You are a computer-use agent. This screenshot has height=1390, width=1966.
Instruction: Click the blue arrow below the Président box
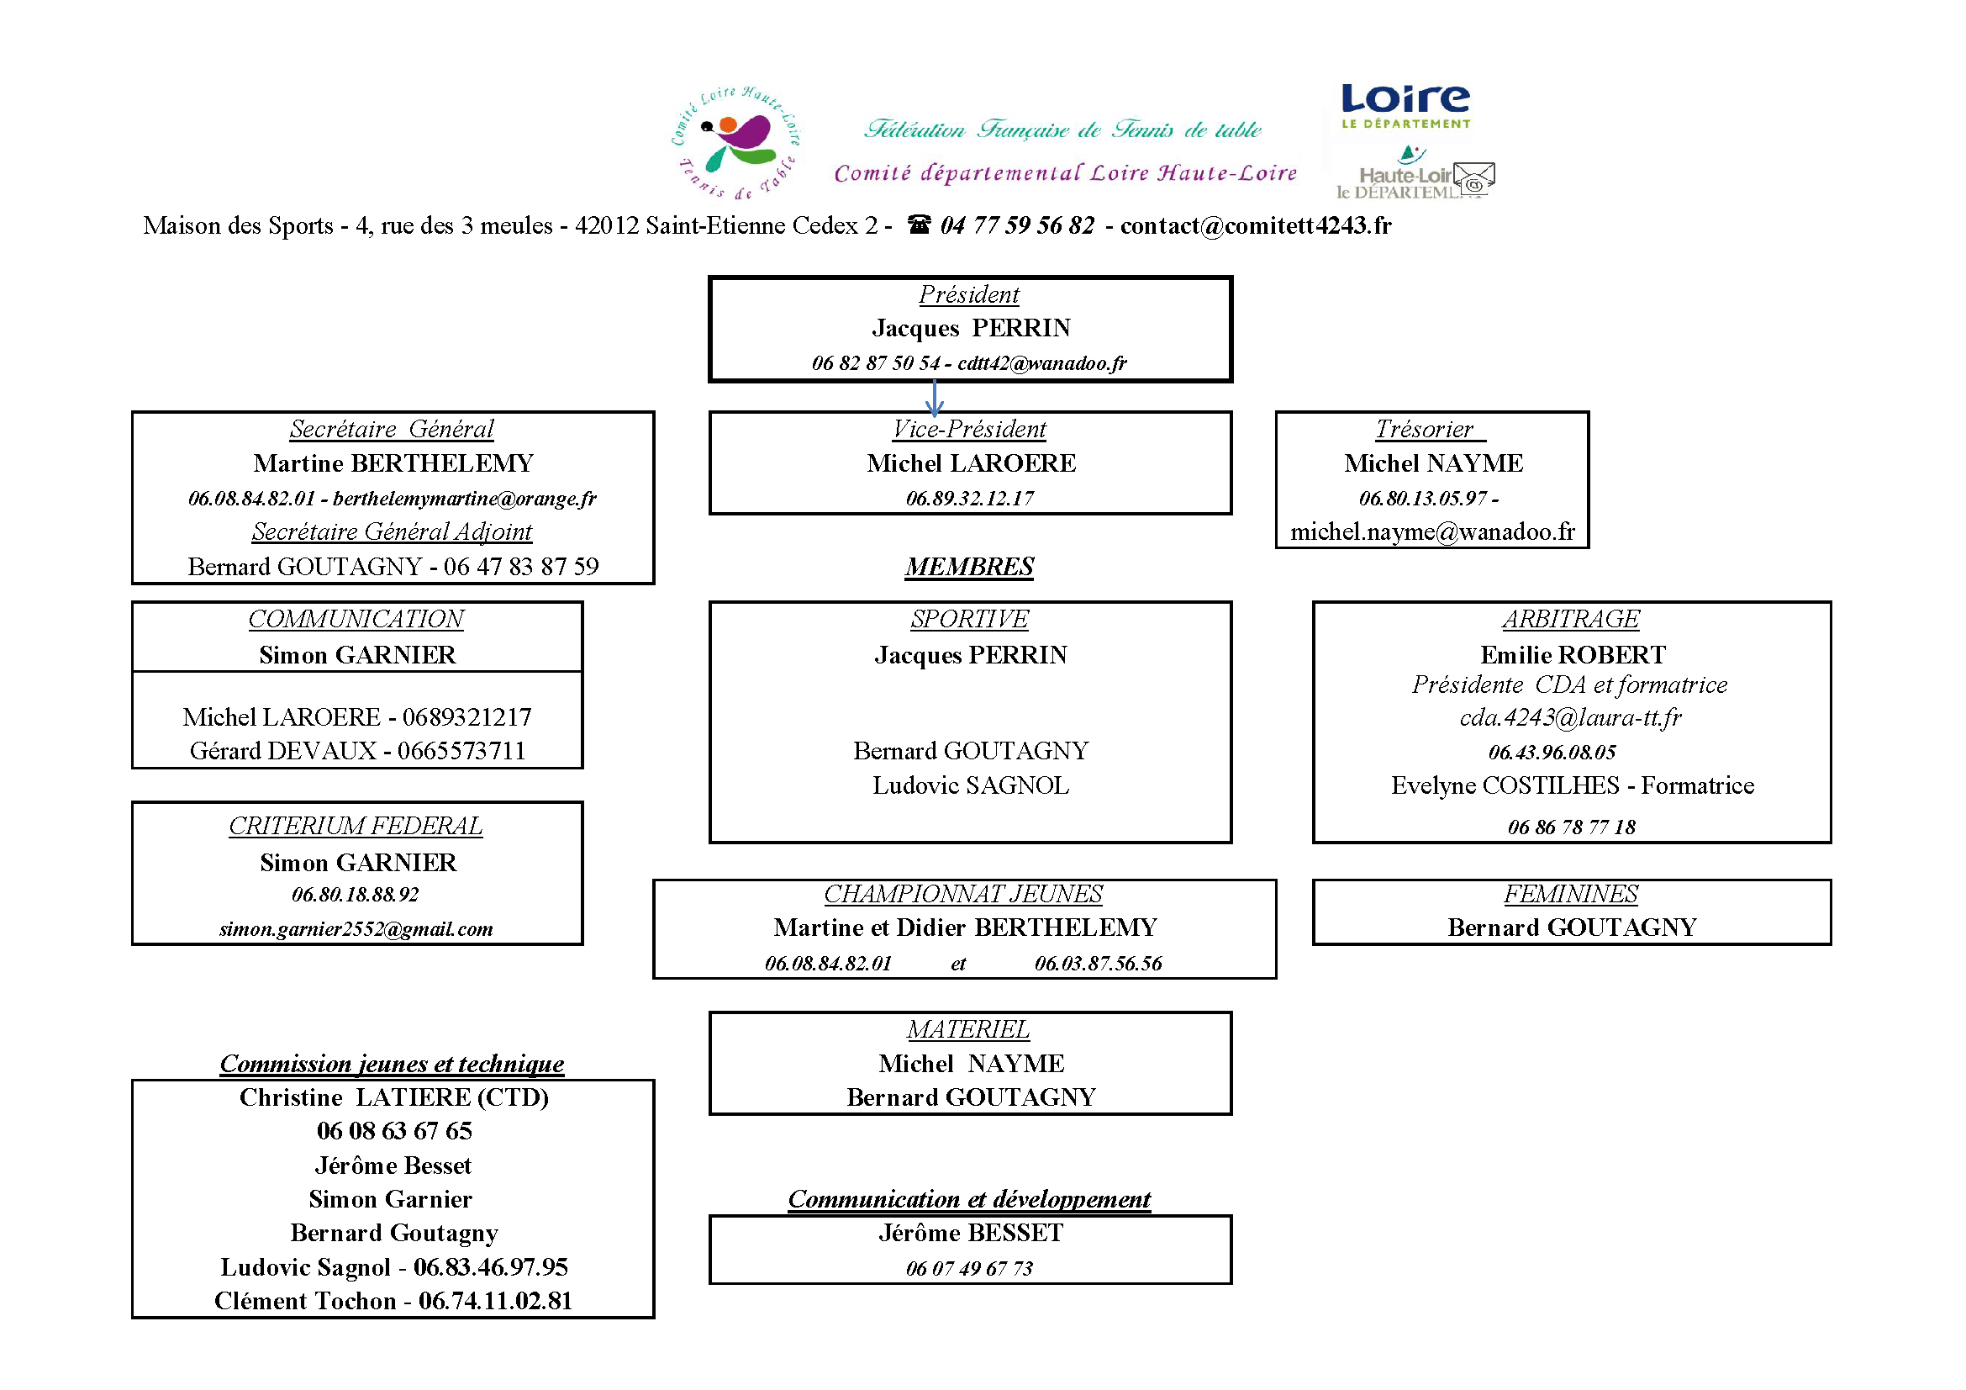point(934,399)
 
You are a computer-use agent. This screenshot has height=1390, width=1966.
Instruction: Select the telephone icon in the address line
point(919,225)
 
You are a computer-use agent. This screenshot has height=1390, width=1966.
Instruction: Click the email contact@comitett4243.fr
point(1255,225)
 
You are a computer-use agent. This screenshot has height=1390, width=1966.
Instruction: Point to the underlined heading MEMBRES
point(969,566)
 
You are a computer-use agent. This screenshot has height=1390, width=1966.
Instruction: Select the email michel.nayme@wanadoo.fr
point(1432,531)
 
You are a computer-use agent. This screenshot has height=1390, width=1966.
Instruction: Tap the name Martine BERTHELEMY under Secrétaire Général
point(393,463)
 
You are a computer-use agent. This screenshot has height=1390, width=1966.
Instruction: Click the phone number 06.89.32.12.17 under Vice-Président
point(970,499)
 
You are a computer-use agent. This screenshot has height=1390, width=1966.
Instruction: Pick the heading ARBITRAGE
point(1570,618)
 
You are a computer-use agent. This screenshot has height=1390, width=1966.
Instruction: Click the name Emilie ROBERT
point(1573,655)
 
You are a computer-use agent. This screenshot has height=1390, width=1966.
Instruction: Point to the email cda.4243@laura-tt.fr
point(1570,717)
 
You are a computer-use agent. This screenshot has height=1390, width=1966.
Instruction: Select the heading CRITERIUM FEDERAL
point(356,826)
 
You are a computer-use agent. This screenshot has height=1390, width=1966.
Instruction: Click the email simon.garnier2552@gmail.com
point(356,929)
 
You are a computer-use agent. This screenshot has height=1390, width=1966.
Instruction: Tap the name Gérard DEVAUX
point(282,751)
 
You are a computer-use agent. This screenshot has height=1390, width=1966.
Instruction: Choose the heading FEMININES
point(1570,894)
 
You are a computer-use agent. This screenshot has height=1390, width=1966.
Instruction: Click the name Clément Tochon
point(305,1301)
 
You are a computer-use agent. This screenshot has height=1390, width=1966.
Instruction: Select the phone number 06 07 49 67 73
point(969,1268)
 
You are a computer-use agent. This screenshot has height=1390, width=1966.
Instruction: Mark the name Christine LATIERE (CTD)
point(394,1097)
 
